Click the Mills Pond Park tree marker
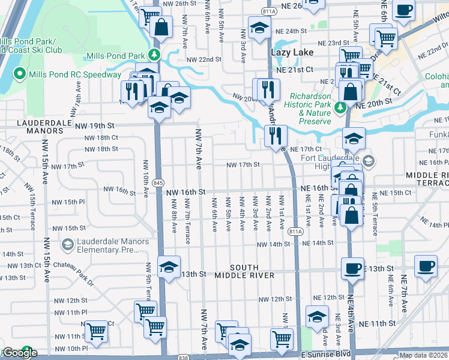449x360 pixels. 155,55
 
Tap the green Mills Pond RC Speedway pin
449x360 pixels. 20,74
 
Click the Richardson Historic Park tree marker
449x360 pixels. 340,107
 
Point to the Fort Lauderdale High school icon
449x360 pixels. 368,161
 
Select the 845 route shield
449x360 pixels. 157,182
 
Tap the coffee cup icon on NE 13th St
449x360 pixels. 353,267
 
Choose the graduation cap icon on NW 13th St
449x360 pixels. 169,266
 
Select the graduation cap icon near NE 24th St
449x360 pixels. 259,28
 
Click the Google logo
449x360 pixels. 19,353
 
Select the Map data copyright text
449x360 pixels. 424,355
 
